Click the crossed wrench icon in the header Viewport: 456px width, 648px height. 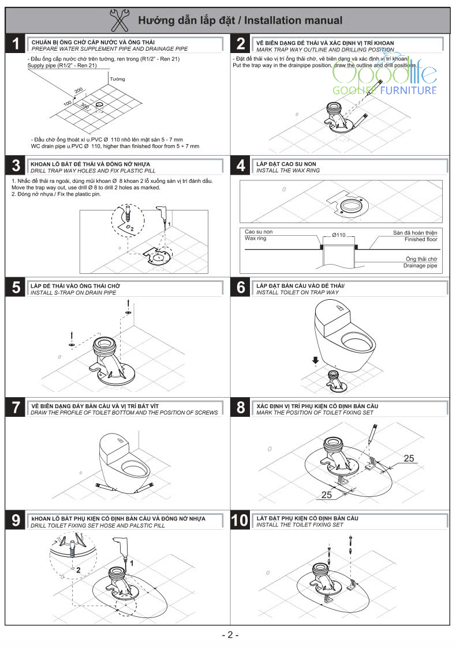coord(119,20)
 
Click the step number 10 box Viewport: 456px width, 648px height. coord(240,521)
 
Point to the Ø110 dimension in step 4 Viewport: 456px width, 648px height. coord(339,235)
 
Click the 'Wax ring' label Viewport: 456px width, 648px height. coord(255,238)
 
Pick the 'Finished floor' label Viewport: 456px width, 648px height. coord(420,239)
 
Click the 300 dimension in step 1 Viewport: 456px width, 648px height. coord(85,107)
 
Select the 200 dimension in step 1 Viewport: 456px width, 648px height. coord(79,91)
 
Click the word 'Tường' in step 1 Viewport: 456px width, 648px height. coord(117,79)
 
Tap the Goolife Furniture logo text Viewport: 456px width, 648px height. coord(384,90)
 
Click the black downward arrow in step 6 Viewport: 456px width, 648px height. coord(315,361)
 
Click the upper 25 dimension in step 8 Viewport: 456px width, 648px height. coord(409,458)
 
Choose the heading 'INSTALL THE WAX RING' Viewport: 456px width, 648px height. coord(287,171)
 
